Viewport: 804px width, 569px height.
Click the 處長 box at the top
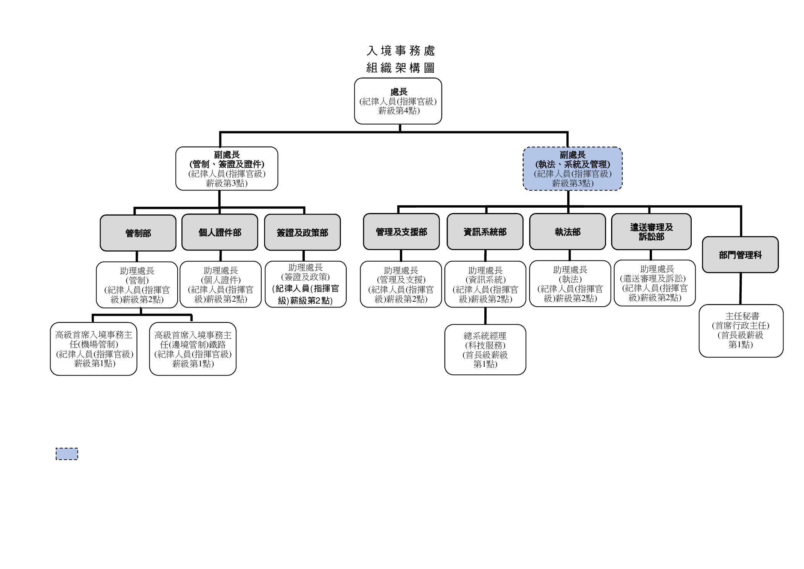tap(398, 101)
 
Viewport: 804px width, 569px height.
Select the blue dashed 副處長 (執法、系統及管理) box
tap(572, 169)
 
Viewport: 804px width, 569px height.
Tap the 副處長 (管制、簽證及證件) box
tap(226, 169)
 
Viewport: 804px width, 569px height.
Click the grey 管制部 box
tap(138, 233)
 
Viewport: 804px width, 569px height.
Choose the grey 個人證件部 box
tap(220, 232)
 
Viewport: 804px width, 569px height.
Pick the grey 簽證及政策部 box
tap(302, 232)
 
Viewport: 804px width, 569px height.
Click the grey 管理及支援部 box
tap(401, 232)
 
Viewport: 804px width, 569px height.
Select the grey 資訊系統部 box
tap(485, 232)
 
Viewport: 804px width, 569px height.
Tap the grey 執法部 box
tap(567, 232)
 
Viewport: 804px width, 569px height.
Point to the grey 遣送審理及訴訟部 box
tap(651, 232)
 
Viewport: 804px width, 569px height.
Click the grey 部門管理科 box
tap(740, 255)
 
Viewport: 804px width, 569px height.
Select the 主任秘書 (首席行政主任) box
tap(741, 331)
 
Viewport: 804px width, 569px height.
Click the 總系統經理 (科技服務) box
tap(485, 350)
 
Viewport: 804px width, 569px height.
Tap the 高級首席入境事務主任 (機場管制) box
tap(94, 349)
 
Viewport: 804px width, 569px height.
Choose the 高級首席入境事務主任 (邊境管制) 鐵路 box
tap(193, 349)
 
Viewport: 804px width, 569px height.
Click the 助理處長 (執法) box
tap(570, 284)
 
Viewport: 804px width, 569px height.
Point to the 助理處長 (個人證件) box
tap(220, 284)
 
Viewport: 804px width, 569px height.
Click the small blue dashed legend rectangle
tap(67, 454)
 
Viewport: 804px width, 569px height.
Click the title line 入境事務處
tap(400, 50)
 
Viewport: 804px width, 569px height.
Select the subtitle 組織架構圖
tap(400, 68)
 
